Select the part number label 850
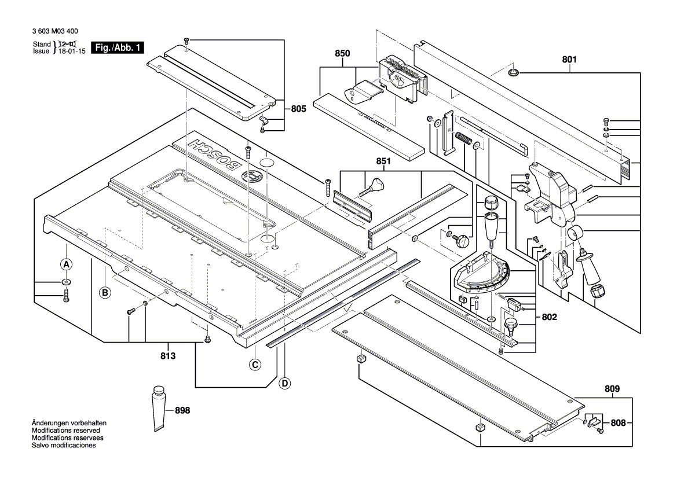point(342,53)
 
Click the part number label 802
point(550,318)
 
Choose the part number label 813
point(167,356)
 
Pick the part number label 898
point(182,410)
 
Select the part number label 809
point(612,388)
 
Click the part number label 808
point(619,423)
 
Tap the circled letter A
point(66,264)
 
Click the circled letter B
point(105,293)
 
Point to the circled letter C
point(254,365)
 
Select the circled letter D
point(284,383)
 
